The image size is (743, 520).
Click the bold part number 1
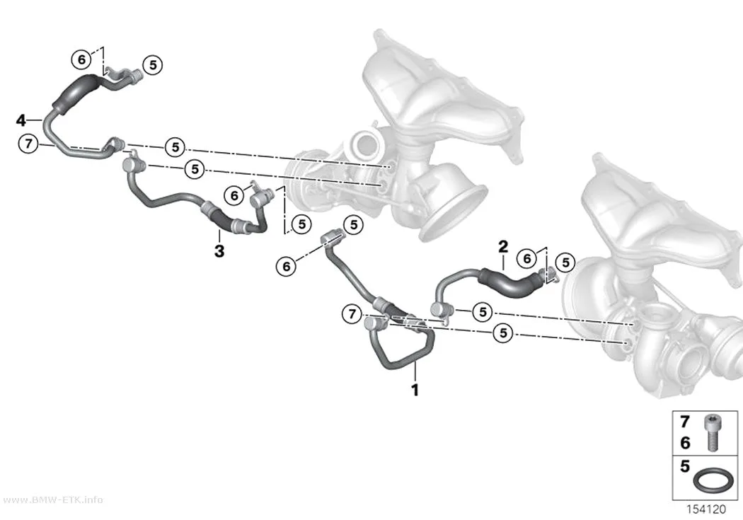coord(415,391)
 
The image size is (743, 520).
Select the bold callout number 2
coord(503,246)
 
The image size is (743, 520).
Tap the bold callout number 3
coord(219,251)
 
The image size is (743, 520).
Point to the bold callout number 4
coord(21,120)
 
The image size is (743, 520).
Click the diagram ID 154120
coord(706,509)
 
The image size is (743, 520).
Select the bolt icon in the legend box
coord(711,432)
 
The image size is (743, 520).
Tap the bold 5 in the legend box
coord(685,466)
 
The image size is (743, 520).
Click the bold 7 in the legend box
coord(685,422)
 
